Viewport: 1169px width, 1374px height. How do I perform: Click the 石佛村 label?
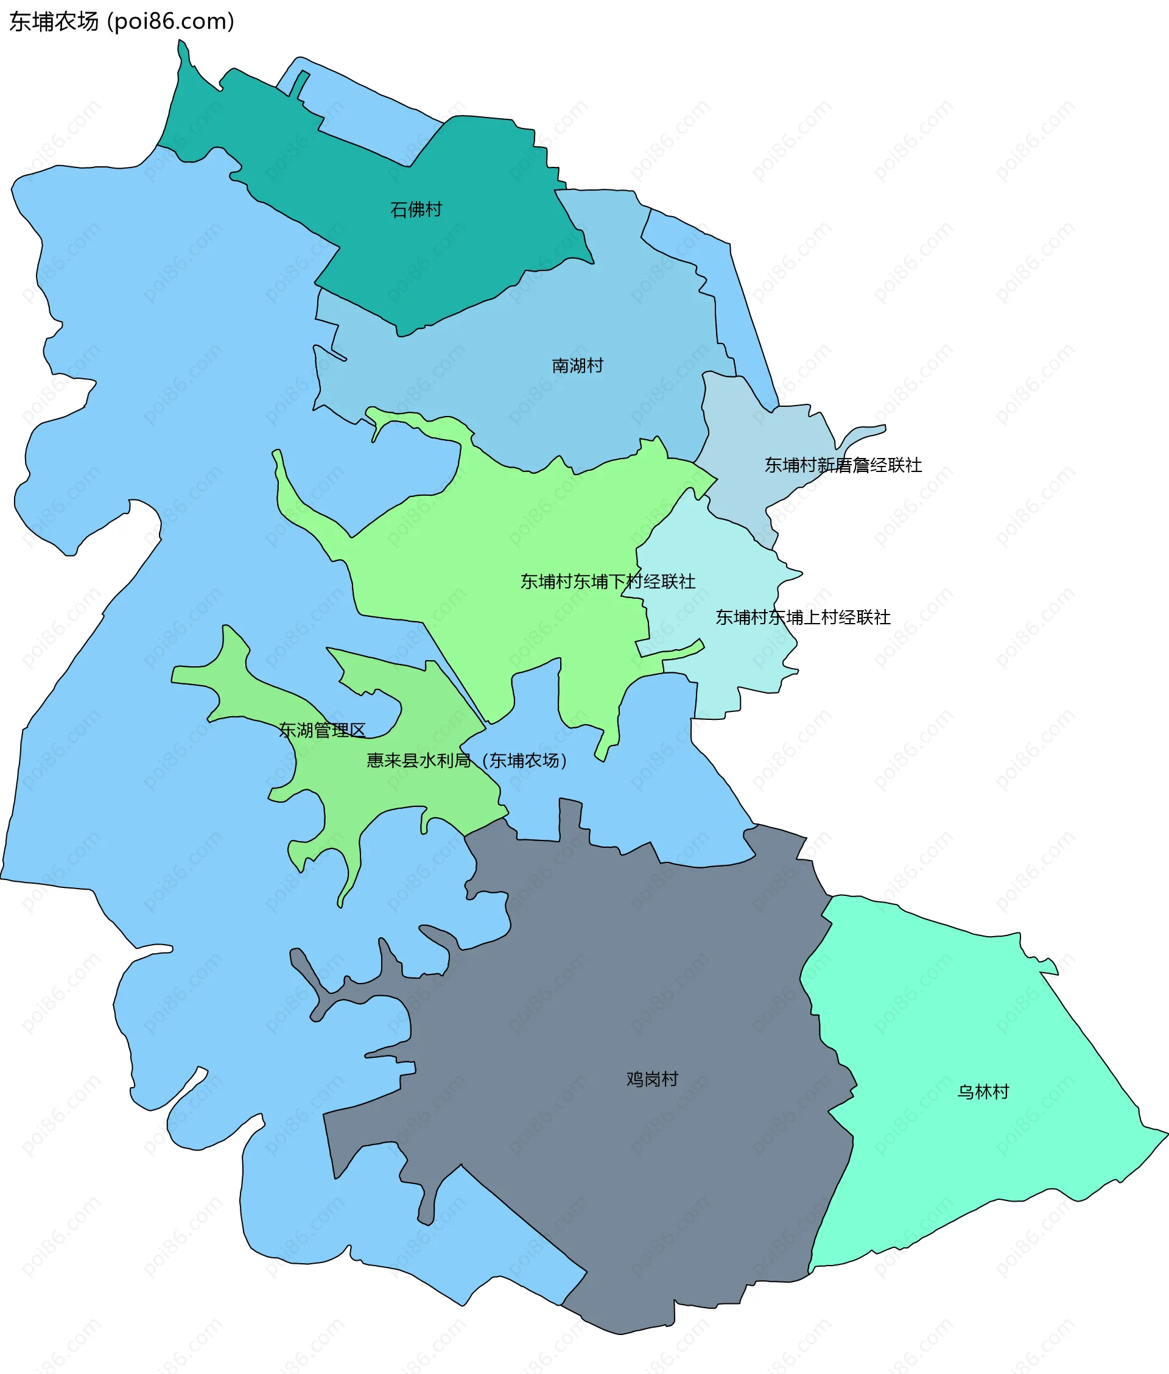click(x=416, y=210)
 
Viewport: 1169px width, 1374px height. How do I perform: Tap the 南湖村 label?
click(x=577, y=366)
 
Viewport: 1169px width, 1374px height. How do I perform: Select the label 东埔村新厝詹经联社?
click(x=843, y=465)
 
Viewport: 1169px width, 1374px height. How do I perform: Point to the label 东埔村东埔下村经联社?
click(x=608, y=582)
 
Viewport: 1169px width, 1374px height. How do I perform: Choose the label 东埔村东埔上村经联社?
click(x=802, y=618)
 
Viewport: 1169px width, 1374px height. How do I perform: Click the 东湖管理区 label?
click(x=322, y=730)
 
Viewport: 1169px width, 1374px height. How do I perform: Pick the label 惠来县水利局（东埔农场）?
click(x=468, y=760)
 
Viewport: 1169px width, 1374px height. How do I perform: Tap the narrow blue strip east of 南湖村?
click(x=742, y=298)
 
